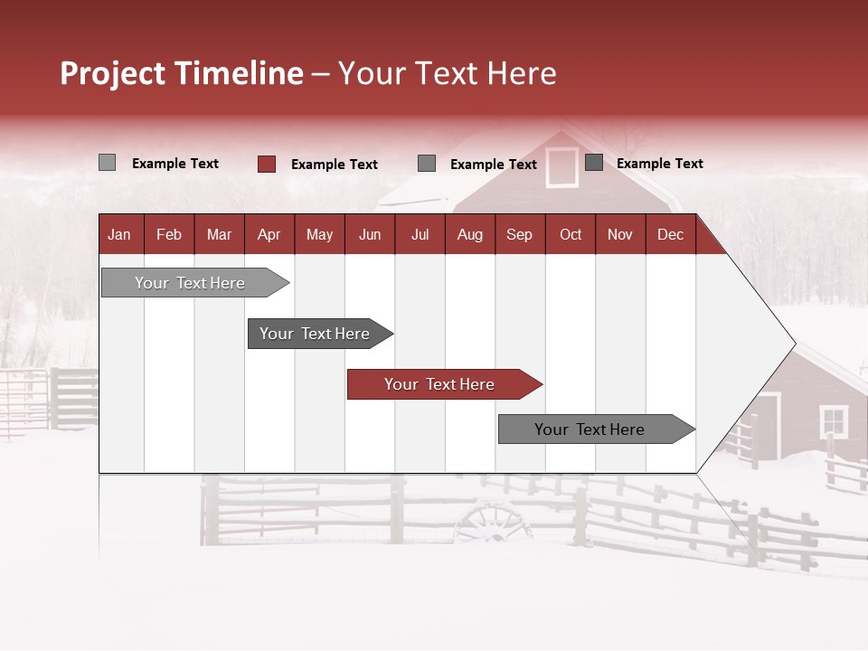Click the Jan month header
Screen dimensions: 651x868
[119, 234]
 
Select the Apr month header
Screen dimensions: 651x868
[269, 234]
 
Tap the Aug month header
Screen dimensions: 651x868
[470, 234]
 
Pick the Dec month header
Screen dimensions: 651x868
[670, 234]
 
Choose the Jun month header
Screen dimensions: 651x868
[370, 234]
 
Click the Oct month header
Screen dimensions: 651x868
[571, 234]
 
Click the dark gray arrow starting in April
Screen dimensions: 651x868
[316, 334]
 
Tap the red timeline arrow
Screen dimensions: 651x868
[441, 384]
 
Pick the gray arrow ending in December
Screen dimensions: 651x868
[592, 429]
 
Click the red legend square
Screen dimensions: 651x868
[267, 164]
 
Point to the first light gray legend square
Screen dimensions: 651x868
[107, 163]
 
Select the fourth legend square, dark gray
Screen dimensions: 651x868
[594, 163]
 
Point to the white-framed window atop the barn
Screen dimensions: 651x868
[561, 167]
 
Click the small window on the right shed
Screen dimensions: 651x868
[833, 420]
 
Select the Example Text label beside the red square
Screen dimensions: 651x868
[335, 165]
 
